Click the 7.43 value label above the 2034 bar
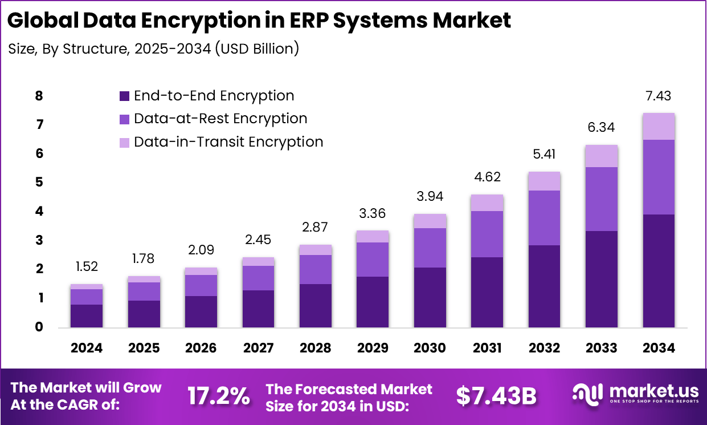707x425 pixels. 659,96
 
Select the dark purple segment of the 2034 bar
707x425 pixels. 659,270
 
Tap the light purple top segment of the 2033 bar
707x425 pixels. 602,156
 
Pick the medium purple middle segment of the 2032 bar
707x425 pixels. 544,217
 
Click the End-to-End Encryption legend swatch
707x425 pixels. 125,96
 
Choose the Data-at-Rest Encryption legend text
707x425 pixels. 220,119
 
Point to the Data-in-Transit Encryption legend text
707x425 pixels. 228,142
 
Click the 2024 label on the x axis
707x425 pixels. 87,348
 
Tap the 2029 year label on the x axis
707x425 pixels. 373,348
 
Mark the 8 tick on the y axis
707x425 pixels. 39,96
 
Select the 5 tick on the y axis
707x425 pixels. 39,183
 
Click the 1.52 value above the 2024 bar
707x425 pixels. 87,267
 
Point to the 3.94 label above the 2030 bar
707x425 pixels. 430,197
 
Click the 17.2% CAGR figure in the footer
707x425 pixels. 219,396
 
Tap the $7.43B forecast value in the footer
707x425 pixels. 496,396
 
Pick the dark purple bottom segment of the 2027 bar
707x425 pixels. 258,309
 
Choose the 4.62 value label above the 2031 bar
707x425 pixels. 487,177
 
